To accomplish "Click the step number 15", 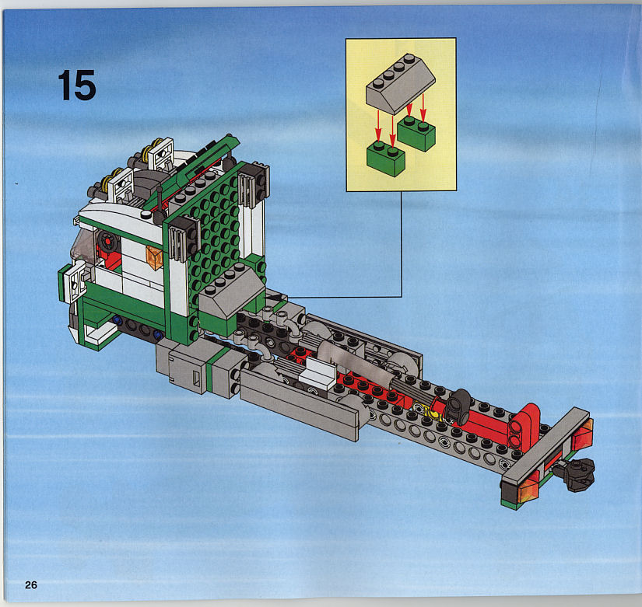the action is [x=77, y=85].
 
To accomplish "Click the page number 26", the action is [x=31, y=585].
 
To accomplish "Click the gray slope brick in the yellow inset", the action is [x=401, y=84].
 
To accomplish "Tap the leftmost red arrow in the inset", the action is [x=378, y=126].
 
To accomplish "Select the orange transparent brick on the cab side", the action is [x=154, y=257].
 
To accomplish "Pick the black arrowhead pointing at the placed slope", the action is [x=275, y=298].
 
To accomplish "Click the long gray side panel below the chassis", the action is [x=300, y=403].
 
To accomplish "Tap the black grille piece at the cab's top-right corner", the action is [x=254, y=184].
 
